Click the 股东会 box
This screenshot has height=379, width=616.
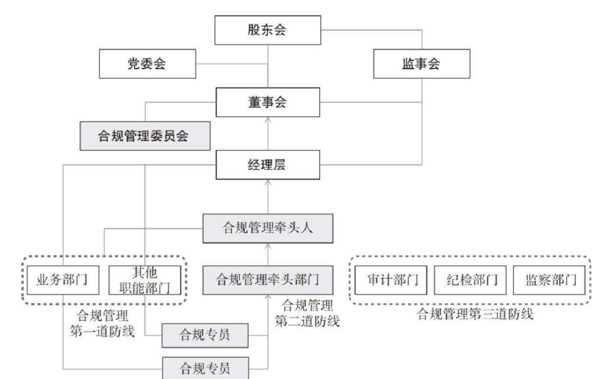pos(267,30)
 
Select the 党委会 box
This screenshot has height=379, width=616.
pos(147,63)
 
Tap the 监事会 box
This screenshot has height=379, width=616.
pos(422,63)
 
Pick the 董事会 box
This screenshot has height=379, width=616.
pos(267,102)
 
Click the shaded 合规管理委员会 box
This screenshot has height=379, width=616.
pos(145,136)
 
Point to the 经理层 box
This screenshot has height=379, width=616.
pos(267,165)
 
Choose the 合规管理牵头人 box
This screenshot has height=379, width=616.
pos(268,228)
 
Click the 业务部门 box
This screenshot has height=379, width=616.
pos(63,280)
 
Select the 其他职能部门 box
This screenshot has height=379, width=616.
pos(145,280)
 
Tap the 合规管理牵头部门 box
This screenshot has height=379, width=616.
pos(268,280)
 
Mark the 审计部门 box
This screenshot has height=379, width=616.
pos(391,280)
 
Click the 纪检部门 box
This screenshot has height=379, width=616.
pos(470,280)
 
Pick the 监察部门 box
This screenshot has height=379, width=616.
pos(549,280)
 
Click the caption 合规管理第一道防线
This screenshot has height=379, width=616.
pos(102,323)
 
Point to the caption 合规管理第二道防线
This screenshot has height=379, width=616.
pos(307,313)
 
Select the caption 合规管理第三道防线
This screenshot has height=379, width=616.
pos(475,314)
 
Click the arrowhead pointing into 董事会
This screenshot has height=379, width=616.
pos(268,120)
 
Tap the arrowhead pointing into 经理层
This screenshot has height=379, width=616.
pos(268,182)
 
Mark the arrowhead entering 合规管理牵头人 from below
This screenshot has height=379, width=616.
pos(268,246)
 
